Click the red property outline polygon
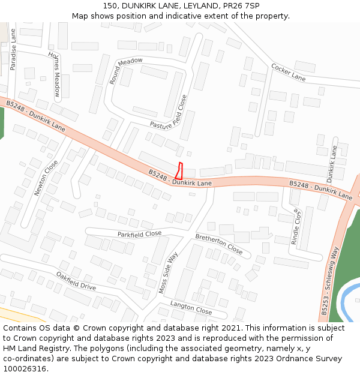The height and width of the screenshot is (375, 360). [x=179, y=171]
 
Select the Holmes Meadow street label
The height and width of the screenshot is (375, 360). [x=55, y=73]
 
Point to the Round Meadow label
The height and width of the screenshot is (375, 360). [x=125, y=70]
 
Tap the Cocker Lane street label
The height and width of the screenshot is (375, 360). [x=288, y=72]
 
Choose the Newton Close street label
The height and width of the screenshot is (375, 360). [x=46, y=177]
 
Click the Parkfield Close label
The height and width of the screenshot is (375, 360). [x=139, y=233]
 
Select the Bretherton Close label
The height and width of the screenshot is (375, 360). [x=218, y=244]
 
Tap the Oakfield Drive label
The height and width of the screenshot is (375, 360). [x=76, y=281]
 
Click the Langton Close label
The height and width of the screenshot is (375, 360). [x=191, y=308]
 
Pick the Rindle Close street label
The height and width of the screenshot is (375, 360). [x=296, y=226]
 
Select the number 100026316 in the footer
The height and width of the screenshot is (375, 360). [x=25, y=369]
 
